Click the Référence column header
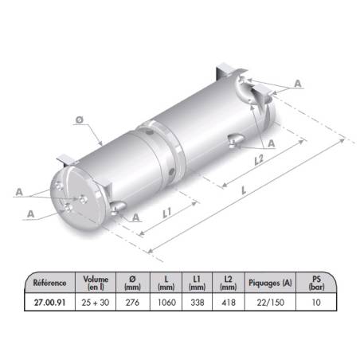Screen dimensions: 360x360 [x=49, y=283]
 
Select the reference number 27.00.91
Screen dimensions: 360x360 [x=49, y=303]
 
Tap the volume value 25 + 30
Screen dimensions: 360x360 [x=96, y=303]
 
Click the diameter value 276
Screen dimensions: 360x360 [x=132, y=303]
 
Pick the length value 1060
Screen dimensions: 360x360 [x=166, y=303]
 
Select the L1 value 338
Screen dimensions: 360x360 [x=198, y=303]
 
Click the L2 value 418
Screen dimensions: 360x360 [x=229, y=303]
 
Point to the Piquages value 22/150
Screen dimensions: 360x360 [x=270, y=303]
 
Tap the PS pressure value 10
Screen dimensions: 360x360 [x=316, y=303]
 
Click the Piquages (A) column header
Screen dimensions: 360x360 [x=270, y=283]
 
